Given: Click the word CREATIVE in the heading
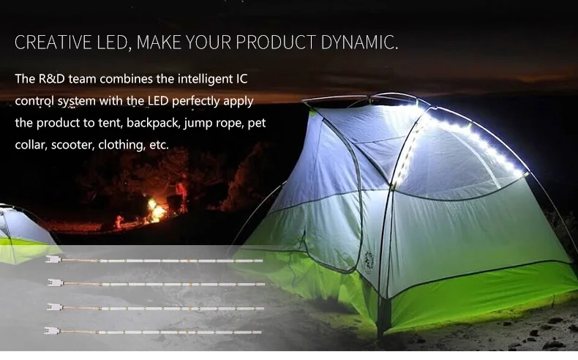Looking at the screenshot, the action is pyautogui.click(x=53, y=42).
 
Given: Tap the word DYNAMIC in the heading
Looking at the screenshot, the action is pyautogui.click(x=359, y=42).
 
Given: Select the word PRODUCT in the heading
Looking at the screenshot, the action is pyautogui.click(x=276, y=42).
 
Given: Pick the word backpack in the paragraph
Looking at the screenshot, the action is pyautogui.click(x=154, y=123).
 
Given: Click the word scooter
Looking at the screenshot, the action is pyautogui.click(x=72, y=145).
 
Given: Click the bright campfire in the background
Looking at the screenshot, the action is pyautogui.click(x=157, y=211).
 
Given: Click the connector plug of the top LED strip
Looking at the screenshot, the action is pyautogui.click(x=53, y=260).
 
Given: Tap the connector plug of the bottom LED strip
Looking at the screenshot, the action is pyautogui.click(x=52, y=331).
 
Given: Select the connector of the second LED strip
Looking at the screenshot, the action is pyautogui.click(x=56, y=282).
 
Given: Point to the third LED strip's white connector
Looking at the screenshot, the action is pyautogui.click(x=55, y=307).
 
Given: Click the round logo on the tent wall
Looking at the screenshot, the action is pyautogui.click(x=369, y=262).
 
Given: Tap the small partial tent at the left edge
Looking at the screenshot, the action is pyautogui.click(x=22, y=234).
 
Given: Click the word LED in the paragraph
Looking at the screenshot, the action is pyautogui.click(x=158, y=100).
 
